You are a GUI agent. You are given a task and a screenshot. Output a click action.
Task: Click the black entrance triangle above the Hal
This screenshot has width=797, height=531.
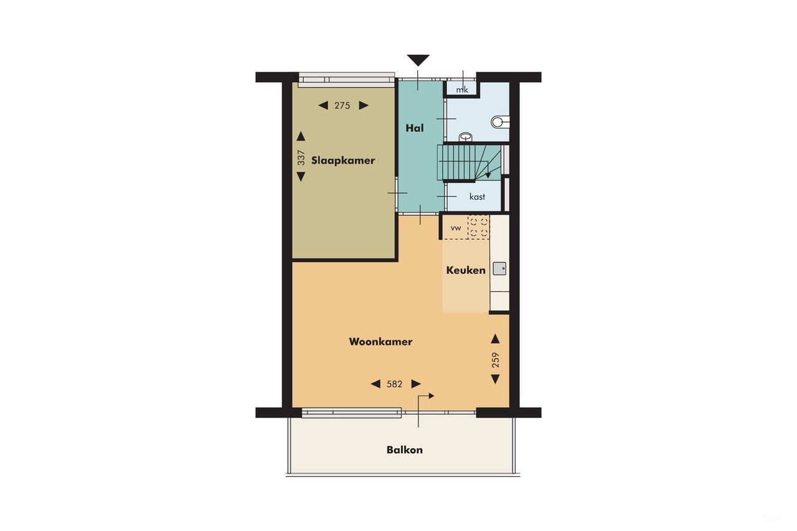coord(418,60)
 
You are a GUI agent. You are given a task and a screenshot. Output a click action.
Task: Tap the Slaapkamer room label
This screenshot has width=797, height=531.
coord(344,161)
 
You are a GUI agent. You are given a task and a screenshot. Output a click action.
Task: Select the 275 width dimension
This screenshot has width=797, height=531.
coord(342,106)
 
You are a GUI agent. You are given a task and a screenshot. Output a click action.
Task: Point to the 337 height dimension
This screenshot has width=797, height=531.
coord(301,157)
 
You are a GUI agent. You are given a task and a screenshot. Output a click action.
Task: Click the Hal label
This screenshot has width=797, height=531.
coord(415,128)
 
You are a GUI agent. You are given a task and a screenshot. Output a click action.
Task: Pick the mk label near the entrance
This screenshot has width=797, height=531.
coord(461,90)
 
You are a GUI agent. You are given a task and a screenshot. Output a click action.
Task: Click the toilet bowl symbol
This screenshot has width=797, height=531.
coord(499,121)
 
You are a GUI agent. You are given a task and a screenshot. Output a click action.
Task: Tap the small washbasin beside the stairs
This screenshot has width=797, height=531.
coord(465,136)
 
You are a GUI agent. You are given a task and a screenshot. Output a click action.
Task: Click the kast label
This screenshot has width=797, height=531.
coord(478,197)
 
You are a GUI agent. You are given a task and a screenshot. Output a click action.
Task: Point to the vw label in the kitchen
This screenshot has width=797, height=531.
coord(456,228)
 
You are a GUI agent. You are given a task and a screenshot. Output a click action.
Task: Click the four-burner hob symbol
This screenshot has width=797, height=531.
coord(478,227)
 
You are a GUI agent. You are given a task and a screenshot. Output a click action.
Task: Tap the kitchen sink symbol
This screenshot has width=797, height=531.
coord(499,269)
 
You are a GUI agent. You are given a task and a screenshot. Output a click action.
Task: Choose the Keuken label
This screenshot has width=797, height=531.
coord(466,270)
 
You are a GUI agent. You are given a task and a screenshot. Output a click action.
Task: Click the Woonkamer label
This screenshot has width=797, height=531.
coord(380,342)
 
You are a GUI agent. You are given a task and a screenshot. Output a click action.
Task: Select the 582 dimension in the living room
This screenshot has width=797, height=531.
coord(395,384)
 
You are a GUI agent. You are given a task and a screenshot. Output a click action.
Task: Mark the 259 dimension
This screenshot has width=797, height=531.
coord(496,360)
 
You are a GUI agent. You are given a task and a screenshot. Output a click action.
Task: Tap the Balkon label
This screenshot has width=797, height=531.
coord(405,450)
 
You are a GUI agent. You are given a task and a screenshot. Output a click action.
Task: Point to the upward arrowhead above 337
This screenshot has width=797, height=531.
coord(301,136)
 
